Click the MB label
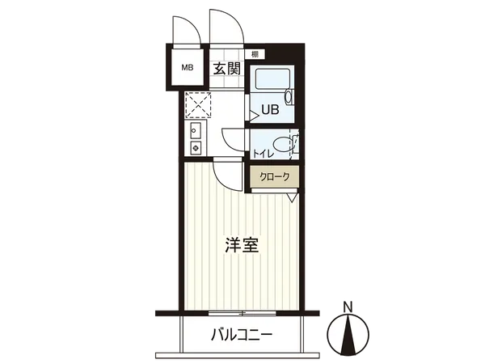tap(186, 69)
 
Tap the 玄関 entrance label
tap(227, 69)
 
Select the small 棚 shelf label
tap(255, 54)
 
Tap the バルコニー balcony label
tap(242, 334)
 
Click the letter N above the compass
tap(348, 306)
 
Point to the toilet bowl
tap(282, 146)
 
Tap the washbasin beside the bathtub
tap(290, 95)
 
